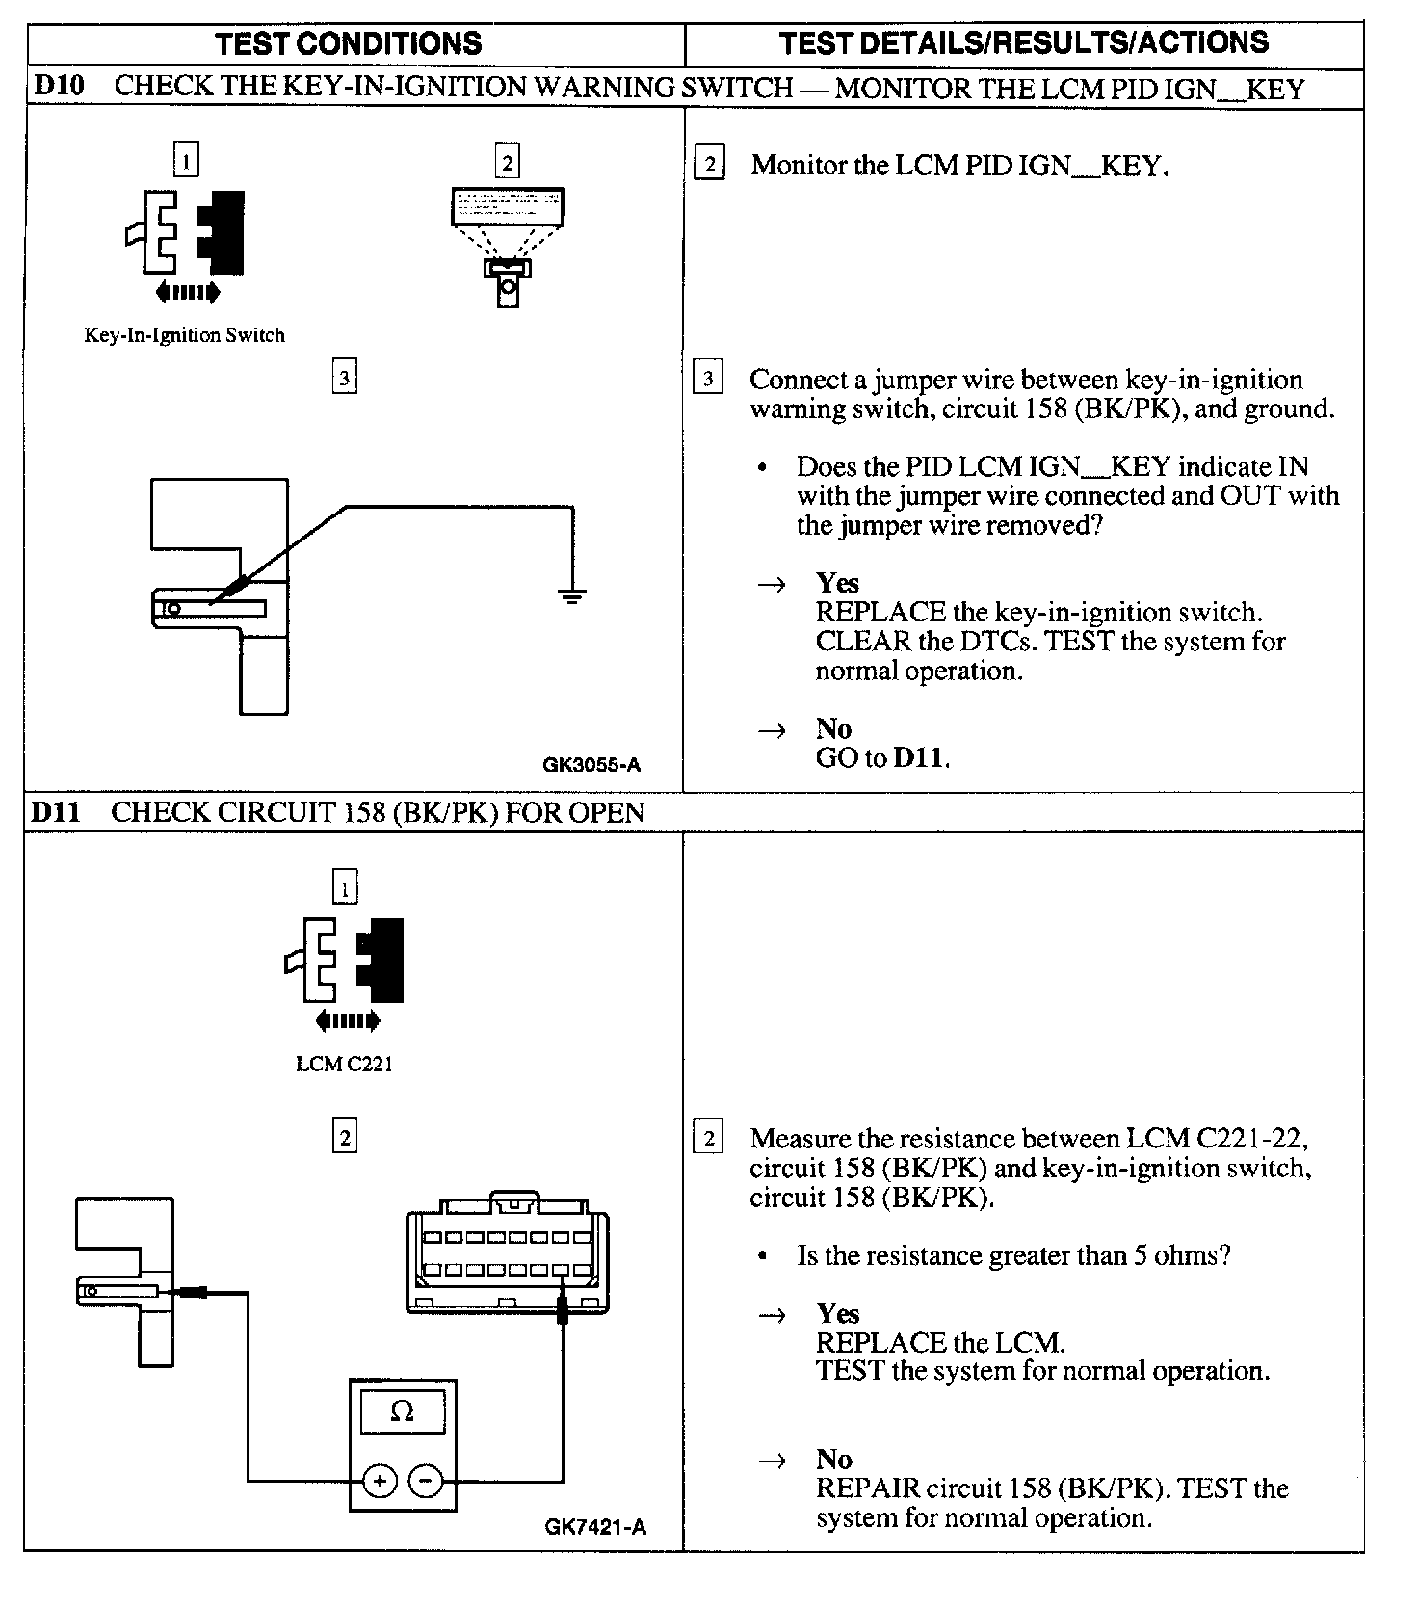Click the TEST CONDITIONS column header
tap(348, 43)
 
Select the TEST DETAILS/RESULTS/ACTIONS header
tap(1023, 42)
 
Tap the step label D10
tap(59, 87)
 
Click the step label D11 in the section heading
tap(56, 812)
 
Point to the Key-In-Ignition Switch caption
tap(184, 336)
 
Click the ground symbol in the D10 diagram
tap(571, 596)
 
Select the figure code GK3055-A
tap(591, 766)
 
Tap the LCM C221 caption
tap(344, 1065)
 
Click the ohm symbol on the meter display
tap(403, 1412)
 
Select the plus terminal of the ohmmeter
tap(380, 1481)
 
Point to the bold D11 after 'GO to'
tap(919, 758)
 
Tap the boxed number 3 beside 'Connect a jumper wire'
tap(708, 379)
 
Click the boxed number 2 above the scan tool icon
tap(508, 161)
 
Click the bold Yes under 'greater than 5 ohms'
tap(837, 1313)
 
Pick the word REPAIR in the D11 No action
tap(867, 1488)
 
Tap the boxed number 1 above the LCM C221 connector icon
tap(344, 887)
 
